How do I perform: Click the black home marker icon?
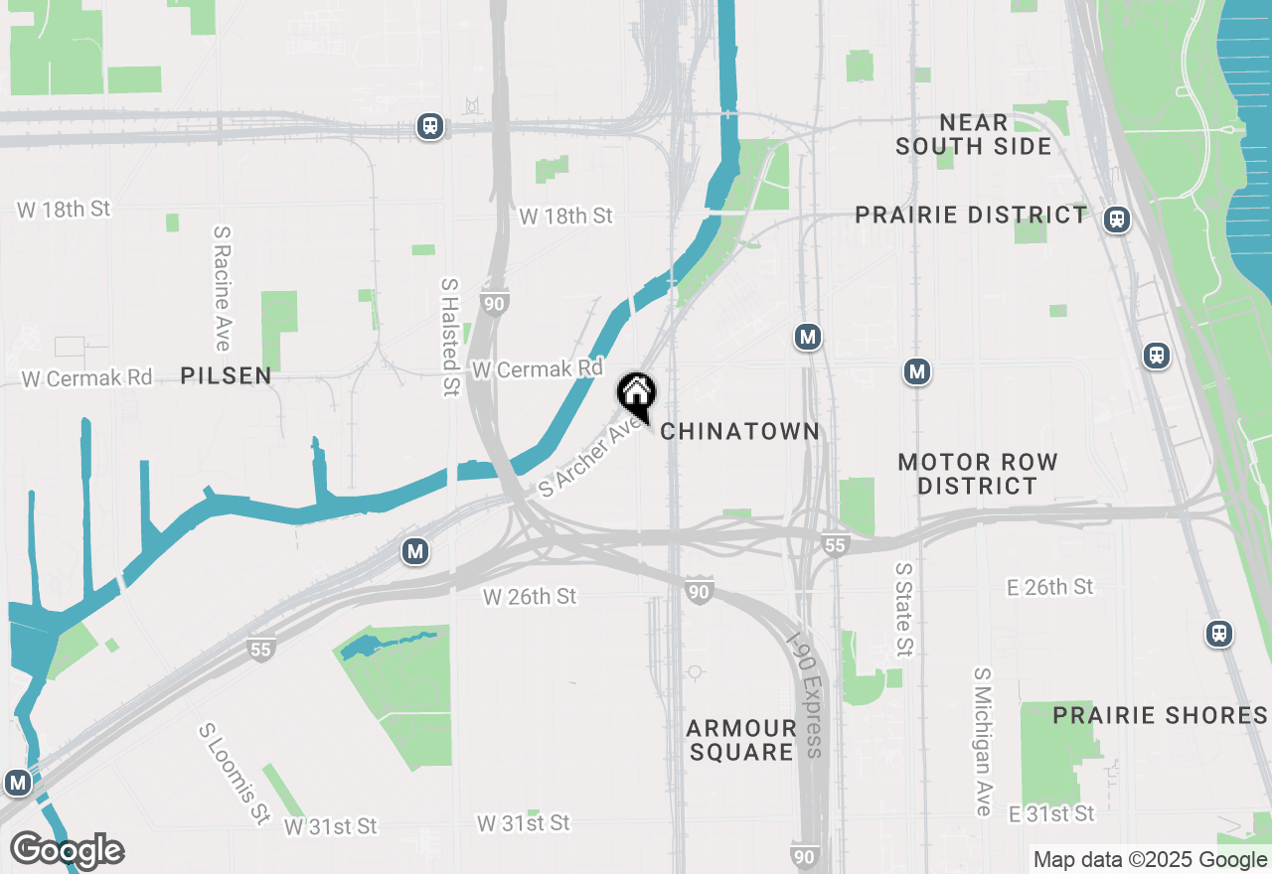636,394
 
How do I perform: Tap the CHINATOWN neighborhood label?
740,431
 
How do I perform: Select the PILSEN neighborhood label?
227,375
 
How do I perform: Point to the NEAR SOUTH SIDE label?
973,134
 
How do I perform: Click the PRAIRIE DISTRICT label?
971,215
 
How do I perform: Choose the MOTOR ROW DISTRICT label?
977,474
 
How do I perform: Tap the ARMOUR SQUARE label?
741,740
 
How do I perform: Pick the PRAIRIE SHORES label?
1160,715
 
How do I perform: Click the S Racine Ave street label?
221,288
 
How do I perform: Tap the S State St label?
903,609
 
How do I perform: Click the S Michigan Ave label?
983,741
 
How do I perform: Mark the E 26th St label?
1049,587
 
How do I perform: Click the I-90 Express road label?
806,694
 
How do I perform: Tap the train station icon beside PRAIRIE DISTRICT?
1117,219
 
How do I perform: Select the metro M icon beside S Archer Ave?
415,551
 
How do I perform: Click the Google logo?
67,851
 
